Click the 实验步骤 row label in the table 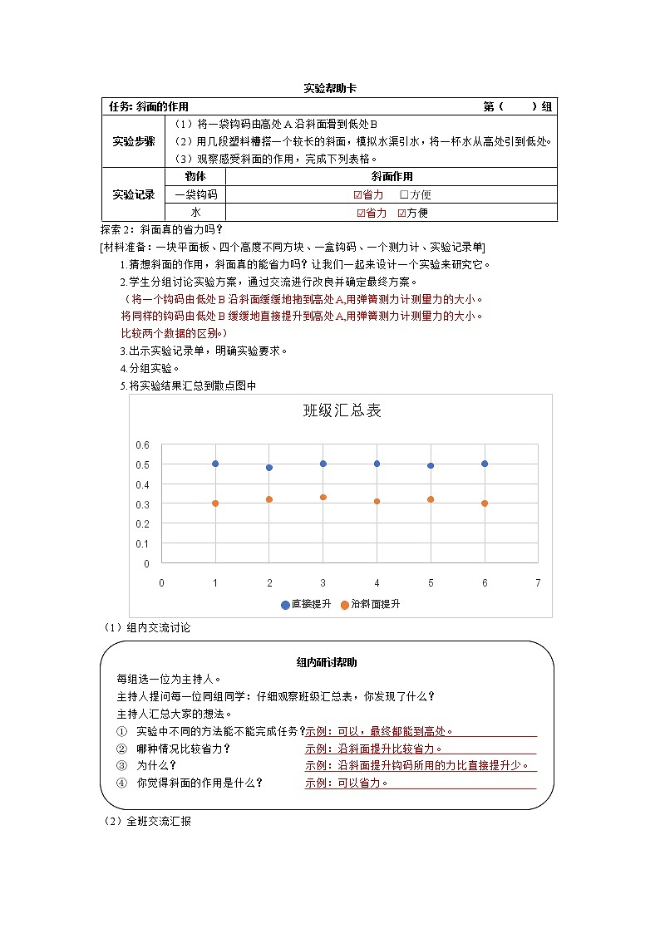tap(134, 141)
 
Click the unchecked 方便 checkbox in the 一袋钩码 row tap(404, 195)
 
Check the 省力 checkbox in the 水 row tap(361, 214)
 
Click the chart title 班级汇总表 tap(342, 410)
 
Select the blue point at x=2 tap(269, 468)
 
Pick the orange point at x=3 tap(323, 498)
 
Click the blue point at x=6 tap(485, 464)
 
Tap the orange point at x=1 tap(215, 503)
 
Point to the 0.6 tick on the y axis tap(142, 444)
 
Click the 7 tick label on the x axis tap(538, 582)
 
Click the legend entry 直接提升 tap(305, 605)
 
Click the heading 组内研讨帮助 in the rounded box tap(327, 662)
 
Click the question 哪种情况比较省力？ tap(183, 749)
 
